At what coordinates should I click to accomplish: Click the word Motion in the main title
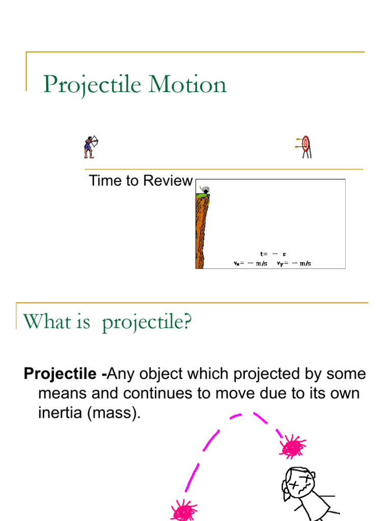click(187, 84)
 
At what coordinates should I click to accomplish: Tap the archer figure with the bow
click(91, 147)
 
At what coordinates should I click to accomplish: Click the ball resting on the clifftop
click(206, 191)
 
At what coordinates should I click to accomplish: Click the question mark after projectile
click(187, 322)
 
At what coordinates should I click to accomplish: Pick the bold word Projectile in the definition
click(63, 374)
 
